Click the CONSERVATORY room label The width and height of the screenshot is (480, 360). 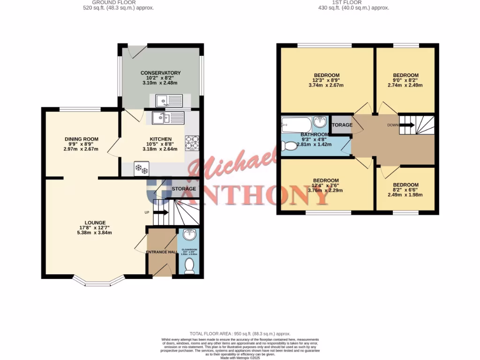click(x=160, y=73)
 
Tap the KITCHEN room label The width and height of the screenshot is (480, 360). click(x=160, y=139)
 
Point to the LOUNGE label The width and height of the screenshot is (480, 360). click(x=95, y=223)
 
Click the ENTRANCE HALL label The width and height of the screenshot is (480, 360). click(x=162, y=252)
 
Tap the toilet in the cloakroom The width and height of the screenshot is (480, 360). click(x=190, y=266)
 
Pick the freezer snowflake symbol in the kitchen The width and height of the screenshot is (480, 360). click(x=141, y=168)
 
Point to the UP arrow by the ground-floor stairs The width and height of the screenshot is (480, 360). click(x=160, y=212)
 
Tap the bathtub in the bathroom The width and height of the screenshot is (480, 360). click(x=296, y=125)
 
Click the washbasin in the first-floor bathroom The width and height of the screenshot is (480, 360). click(x=320, y=122)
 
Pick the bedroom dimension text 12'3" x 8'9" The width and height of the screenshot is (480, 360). click(x=326, y=80)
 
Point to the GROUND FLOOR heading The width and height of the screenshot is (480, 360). click(x=107, y=2)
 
